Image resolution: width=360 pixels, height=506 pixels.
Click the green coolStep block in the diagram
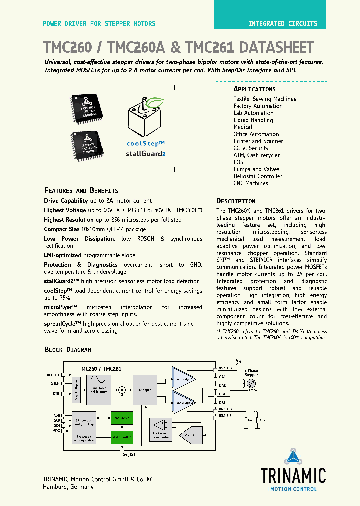tap(122, 417)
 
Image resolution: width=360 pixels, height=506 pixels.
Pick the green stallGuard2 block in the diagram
tap(122, 437)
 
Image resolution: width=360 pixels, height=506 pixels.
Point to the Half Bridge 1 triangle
tap(184, 378)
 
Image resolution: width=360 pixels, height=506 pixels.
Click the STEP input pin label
tap(55, 384)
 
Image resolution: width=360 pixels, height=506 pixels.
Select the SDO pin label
tap(56, 430)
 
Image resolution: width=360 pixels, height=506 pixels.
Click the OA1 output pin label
tap(222, 377)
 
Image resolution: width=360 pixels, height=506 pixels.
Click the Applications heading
tap(254, 89)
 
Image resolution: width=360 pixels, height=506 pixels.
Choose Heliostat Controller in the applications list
tap(257, 176)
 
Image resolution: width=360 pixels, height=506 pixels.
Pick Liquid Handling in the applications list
tap(253, 120)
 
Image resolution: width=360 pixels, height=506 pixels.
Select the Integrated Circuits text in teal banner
tap(282, 24)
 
